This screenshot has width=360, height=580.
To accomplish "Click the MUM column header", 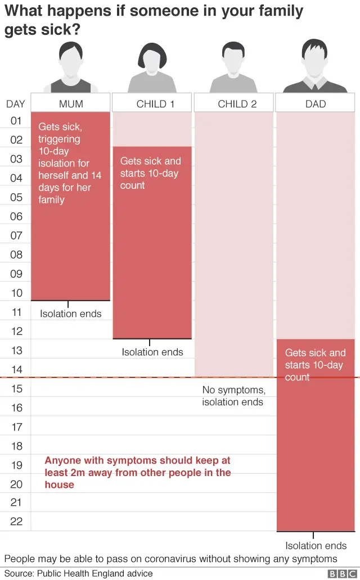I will click(71, 104).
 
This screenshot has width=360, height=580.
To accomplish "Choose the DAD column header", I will click(316, 104).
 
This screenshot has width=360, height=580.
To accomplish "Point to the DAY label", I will click(16, 104).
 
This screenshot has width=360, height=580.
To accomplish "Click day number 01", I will click(16, 121).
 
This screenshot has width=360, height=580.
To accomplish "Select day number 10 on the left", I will click(16, 293).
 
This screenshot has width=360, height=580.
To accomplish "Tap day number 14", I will click(16, 369).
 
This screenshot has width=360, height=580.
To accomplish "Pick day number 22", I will click(16, 522).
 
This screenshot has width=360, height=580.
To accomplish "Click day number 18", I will click(16, 446).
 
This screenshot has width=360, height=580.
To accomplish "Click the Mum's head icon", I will click(71, 59).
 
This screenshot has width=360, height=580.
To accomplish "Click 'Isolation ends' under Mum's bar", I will click(71, 314).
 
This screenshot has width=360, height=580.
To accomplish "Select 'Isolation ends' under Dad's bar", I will click(316, 546).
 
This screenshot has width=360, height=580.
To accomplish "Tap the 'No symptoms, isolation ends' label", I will click(233, 396).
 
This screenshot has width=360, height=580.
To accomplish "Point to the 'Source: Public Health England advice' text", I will click(79, 573).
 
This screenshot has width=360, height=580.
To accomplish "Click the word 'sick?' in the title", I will click(61, 30).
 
